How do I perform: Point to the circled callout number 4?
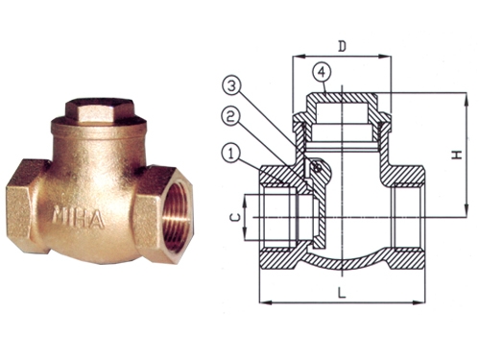(323, 73)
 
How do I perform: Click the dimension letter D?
(343, 47)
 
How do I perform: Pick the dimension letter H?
(459, 155)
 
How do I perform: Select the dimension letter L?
(342, 293)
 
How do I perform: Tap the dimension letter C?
(236, 218)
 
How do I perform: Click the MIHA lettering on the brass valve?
(79, 218)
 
